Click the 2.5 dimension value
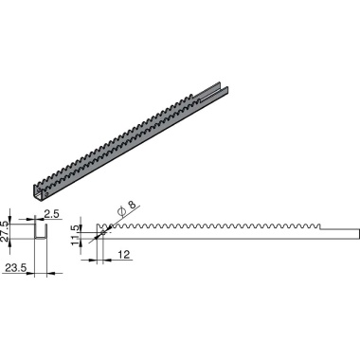53,216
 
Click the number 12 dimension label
125,253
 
